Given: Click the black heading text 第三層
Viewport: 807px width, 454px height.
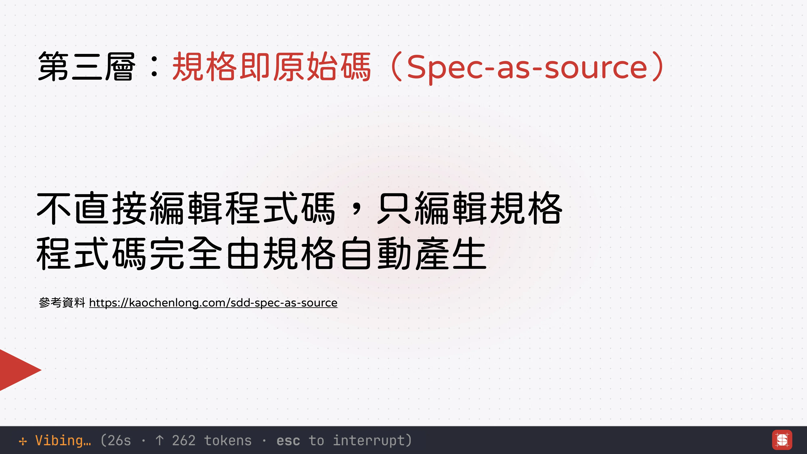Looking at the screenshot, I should click(x=87, y=66).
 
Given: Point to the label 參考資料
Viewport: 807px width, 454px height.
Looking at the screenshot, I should click(x=62, y=303).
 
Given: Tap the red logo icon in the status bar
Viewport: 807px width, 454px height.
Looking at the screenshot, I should click(x=782, y=440).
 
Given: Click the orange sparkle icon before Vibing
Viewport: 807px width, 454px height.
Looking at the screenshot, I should click(x=23, y=441).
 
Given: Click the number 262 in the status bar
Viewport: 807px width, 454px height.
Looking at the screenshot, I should click(x=184, y=440).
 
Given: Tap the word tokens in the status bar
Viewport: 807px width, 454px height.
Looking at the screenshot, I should click(x=228, y=440).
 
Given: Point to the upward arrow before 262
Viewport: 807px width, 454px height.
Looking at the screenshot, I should click(x=159, y=440).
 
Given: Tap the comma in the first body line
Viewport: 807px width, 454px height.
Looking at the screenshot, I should click(x=356, y=210).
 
